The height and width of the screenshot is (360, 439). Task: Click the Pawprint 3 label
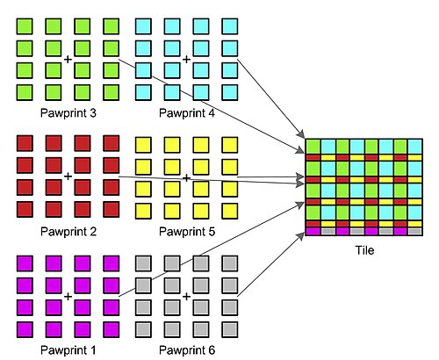pyautogui.click(x=68, y=113)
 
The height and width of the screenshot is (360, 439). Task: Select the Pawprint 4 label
pyautogui.click(x=187, y=113)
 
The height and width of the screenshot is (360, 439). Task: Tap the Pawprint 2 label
pyautogui.click(x=68, y=232)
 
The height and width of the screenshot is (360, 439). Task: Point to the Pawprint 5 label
pyautogui.click(x=187, y=232)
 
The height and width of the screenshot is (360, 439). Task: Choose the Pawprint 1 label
pyautogui.click(x=68, y=350)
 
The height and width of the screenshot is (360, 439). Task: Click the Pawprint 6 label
pyautogui.click(x=187, y=350)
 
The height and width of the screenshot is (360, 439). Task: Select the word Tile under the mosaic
pyautogui.click(x=364, y=250)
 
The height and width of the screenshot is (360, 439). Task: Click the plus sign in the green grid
pyautogui.click(x=68, y=60)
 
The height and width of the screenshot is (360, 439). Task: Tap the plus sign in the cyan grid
pyautogui.click(x=186, y=60)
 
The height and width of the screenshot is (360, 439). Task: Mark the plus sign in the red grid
pyautogui.click(x=68, y=176)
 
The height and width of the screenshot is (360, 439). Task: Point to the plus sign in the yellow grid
pyautogui.click(x=186, y=177)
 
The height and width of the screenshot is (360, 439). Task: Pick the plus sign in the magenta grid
pyautogui.click(x=68, y=297)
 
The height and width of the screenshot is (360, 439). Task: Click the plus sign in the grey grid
pyautogui.click(x=186, y=297)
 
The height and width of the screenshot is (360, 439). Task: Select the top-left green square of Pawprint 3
pyautogui.click(x=25, y=26)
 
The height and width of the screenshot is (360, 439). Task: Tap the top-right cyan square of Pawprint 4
pyautogui.click(x=230, y=26)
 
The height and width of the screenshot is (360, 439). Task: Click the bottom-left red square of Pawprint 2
pyautogui.click(x=25, y=209)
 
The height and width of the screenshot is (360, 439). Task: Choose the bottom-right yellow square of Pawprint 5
pyautogui.click(x=230, y=211)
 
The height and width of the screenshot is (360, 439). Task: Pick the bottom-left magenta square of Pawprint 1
pyautogui.click(x=25, y=329)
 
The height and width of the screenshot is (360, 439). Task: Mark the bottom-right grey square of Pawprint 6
pyautogui.click(x=230, y=329)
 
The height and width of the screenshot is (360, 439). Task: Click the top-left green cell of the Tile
pyautogui.click(x=313, y=147)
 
